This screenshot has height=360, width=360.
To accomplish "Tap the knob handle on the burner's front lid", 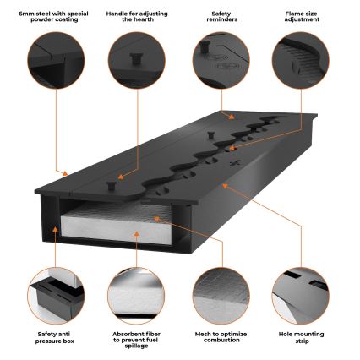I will pos(112,181).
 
